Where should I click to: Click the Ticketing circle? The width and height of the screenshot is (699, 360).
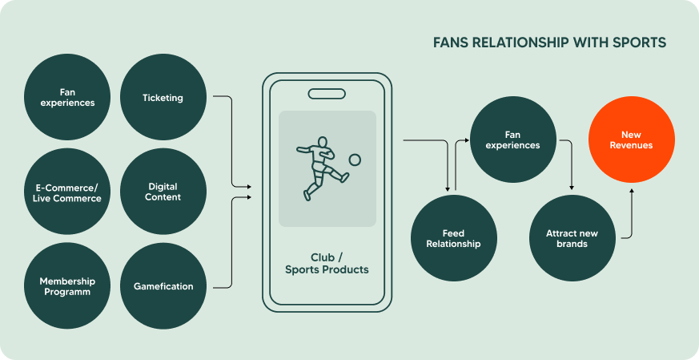pyautogui.click(x=163, y=98)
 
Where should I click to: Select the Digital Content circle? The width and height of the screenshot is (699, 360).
pyautogui.click(x=163, y=192)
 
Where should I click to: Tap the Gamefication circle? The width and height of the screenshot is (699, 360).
pyautogui.click(x=163, y=286)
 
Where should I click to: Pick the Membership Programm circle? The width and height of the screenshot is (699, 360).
pyautogui.click(x=67, y=286)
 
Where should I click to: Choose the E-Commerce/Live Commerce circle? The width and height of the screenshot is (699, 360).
pyautogui.click(x=67, y=192)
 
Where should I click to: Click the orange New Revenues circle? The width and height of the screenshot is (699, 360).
pyautogui.click(x=631, y=140)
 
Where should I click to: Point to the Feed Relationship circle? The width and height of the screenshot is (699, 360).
pyautogui.click(x=453, y=238)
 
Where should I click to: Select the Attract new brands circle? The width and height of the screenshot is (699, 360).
pyautogui.click(x=572, y=238)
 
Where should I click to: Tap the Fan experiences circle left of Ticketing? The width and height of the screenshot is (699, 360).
pyautogui.click(x=67, y=98)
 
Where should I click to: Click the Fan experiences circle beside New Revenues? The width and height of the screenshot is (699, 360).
pyautogui.click(x=512, y=140)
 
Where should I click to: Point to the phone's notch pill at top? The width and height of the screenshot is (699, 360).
pyautogui.click(x=327, y=94)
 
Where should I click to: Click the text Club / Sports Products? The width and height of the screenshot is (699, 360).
pyautogui.click(x=327, y=264)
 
